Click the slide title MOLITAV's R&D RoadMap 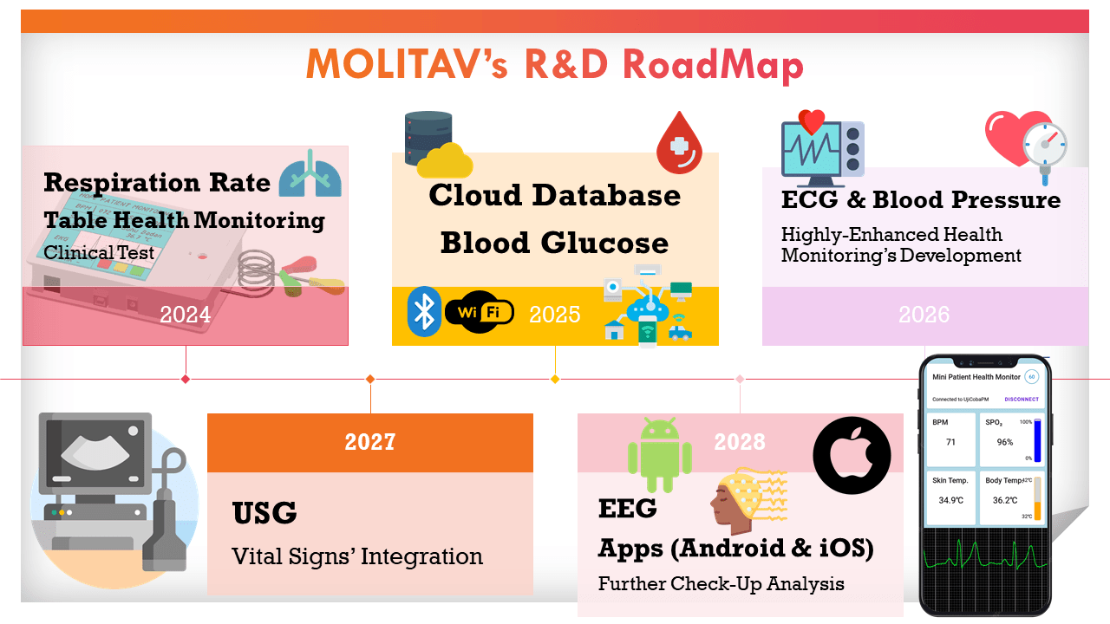(x=555, y=65)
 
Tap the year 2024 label (x=185, y=315)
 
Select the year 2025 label (x=554, y=315)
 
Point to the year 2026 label (x=924, y=315)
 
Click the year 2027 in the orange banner (x=370, y=442)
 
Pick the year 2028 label (x=740, y=442)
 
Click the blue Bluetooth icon (x=424, y=312)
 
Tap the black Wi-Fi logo (x=479, y=313)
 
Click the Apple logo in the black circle (x=852, y=455)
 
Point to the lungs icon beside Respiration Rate (x=310, y=172)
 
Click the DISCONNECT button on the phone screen (x=1021, y=400)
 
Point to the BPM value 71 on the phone (x=950, y=442)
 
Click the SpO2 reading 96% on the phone (x=1004, y=442)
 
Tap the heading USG (x=264, y=514)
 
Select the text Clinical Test (x=99, y=253)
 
